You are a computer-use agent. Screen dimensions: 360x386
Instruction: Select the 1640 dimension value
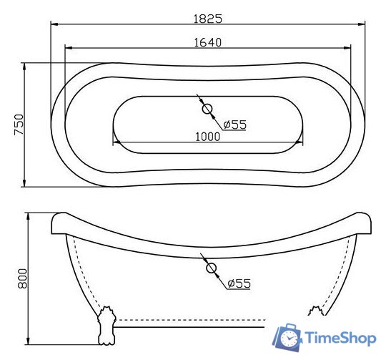tap(207, 42)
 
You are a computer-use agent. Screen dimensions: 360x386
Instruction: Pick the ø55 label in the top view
tap(234, 125)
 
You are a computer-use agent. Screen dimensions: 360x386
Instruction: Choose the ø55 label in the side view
tap(239, 283)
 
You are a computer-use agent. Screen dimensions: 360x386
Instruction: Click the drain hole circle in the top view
tap(208, 110)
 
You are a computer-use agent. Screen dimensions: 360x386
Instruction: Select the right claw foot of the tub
tap(315, 311)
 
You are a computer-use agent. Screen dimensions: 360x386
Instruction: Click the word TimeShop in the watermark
tap(342, 337)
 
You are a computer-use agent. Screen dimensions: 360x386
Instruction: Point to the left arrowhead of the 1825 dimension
tap(53, 24)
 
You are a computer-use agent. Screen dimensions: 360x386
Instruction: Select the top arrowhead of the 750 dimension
tap(26, 66)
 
